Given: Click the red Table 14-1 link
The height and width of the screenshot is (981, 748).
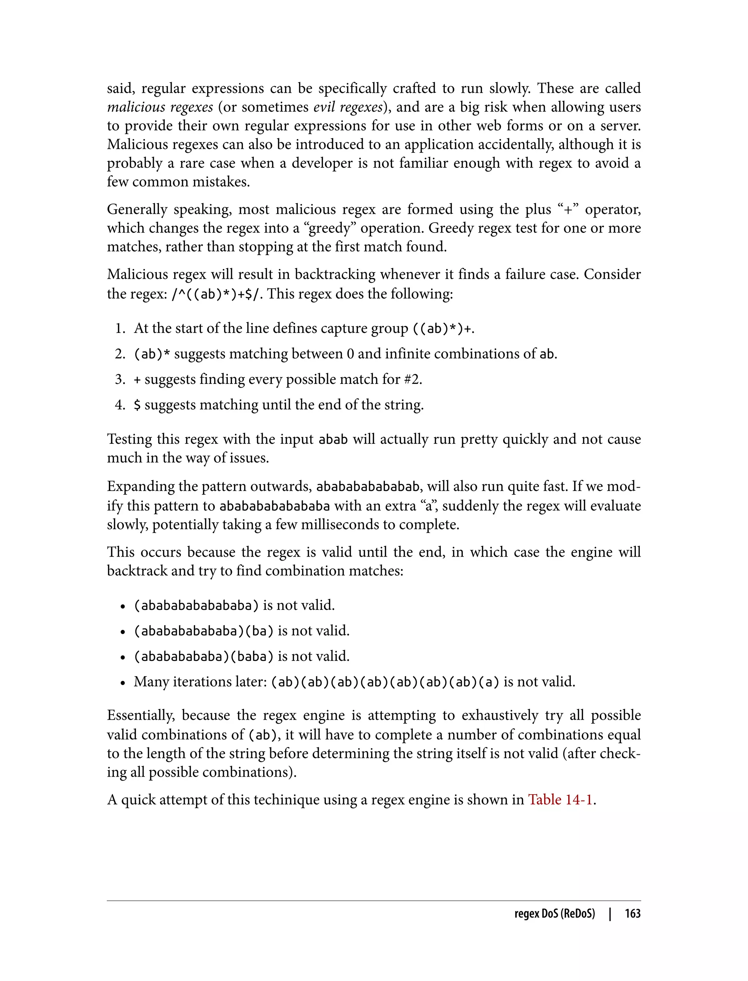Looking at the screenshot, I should (560, 800).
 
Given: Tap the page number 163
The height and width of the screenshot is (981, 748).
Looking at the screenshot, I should (632, 913).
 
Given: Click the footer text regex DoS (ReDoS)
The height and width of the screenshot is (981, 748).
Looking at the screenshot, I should (554, 913).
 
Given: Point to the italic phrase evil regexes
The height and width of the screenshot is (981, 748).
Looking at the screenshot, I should (348, 107).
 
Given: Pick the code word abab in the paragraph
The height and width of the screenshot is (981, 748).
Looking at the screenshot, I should (333, 439).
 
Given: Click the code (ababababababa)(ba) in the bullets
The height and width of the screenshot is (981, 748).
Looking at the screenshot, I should (203, 631).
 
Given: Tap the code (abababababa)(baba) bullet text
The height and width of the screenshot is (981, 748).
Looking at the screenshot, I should (203, 656).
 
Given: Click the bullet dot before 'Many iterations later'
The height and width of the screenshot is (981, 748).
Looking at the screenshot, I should (122, 682).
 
